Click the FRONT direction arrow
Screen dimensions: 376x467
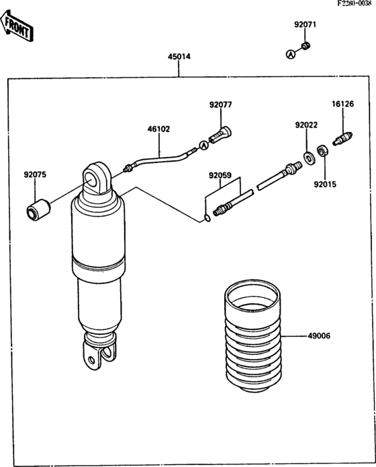coord(16,26)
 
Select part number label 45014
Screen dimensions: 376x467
coord(179,56)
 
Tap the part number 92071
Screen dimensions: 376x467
coord(305,24)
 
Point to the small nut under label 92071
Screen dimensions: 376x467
coord(305,46)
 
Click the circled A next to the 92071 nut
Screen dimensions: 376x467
coord(291,54)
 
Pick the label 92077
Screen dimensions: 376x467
coord(220,105)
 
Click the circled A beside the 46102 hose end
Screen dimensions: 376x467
coord(204,145)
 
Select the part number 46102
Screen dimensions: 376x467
coord(159,129)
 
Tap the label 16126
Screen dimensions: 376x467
coord(343,104)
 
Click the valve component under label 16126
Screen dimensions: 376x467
coord(342,138)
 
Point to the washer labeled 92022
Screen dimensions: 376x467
coord(309,158)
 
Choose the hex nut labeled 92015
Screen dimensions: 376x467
coord(322,151)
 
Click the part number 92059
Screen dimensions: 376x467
coord(220,175)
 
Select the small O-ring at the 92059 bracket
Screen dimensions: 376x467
coord(207,218)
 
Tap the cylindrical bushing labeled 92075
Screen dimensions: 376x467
coord(38,210)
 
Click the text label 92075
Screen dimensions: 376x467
coord(35,174)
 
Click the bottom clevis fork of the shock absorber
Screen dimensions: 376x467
coord(99,352)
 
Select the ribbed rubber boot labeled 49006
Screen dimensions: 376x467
coord(252,336)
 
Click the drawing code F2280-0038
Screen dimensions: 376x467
coord(355,3)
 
